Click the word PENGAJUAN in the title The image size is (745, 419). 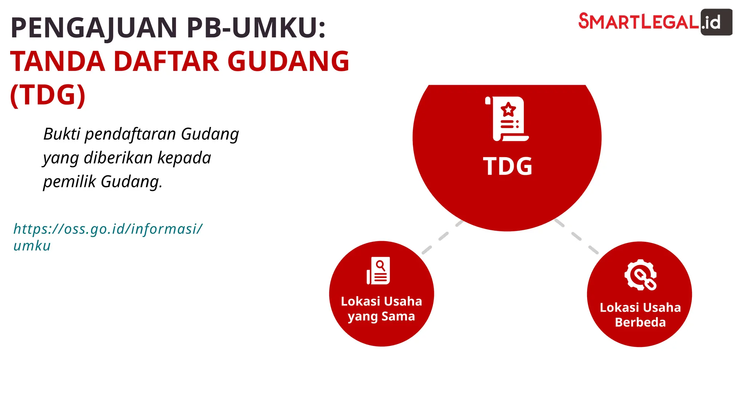click(x=94, y=28)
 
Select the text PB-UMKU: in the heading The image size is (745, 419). click(x=256, y=28)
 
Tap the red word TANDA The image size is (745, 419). click(x=58, y=61)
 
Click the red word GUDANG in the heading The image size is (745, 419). click(x=288, y=61)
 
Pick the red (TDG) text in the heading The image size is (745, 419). click(x=48, y=95)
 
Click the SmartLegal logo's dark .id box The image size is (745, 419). click(x=716, y=22)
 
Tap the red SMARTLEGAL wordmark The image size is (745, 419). click(x=638, y=21)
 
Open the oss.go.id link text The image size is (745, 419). click(x=108, y=237)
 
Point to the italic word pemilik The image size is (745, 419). click(x=69, y=181)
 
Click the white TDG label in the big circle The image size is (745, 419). click(x=507, y=167)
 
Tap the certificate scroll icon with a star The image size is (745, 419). click(x=507, y=119)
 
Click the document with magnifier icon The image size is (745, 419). click(x=378, y=271)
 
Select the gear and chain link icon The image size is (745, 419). click(x=640, y=275)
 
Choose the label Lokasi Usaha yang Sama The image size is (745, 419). click(x=381, y=309)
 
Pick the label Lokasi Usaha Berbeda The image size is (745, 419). click(x=640, y=315)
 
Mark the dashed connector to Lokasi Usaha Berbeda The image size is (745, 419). click(x=577, y=236)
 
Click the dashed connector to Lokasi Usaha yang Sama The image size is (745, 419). click(x=442, y=237)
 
